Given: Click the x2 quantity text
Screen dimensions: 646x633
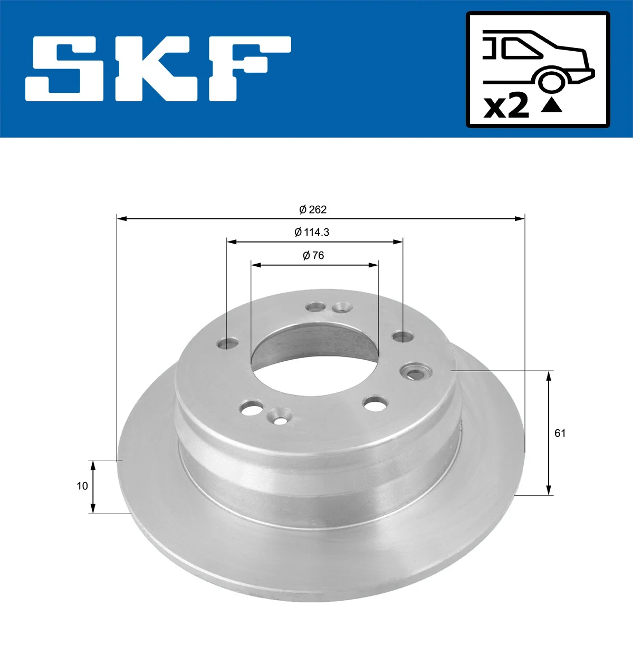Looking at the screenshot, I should click(x=506, y=107).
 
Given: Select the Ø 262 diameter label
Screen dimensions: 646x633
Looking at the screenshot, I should click(x=313, y=209).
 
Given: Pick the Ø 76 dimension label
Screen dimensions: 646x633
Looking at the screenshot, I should click(x=313, y=256).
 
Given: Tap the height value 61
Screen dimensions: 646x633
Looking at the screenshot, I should click(x=560, y=433).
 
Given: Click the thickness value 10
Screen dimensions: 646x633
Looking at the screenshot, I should click(x=82, y=486).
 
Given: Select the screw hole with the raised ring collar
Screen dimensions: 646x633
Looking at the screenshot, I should click(x=416, y=372).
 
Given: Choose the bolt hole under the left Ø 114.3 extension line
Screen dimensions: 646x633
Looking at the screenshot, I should click(x=227, y=344).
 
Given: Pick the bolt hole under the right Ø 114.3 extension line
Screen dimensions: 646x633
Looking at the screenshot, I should click(x=402, y=336).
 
